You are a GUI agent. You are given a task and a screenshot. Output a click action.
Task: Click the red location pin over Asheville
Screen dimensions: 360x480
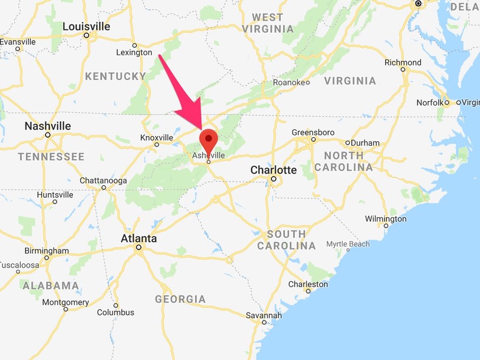pos(209,140)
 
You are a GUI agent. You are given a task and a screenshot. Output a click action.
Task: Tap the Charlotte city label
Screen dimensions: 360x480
pos(273,170)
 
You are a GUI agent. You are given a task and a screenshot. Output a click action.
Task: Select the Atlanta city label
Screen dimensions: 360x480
pos(139,239)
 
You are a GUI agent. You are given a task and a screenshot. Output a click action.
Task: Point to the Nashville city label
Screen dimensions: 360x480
pos(47,126)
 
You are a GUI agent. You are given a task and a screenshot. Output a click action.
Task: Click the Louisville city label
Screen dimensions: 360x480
pos(86,27)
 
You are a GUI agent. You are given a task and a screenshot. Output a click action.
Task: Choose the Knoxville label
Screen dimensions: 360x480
pos(157,137)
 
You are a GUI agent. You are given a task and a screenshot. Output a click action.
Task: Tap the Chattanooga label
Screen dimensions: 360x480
pos(103,180)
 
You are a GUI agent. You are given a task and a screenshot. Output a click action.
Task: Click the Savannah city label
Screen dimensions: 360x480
pos(264,315)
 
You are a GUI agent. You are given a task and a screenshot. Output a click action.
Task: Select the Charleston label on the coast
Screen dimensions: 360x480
pos(308,284)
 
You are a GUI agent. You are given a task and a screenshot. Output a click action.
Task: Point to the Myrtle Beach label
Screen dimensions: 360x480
pos(348,243)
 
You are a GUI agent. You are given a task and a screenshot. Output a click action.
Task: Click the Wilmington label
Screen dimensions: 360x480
pos(385,219)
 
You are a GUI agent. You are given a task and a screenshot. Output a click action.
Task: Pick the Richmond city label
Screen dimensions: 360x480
pos(403,62)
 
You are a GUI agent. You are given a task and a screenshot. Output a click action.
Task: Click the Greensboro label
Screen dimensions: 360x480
pos(313,132)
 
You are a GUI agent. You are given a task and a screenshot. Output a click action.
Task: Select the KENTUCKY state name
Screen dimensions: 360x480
pos(115,76)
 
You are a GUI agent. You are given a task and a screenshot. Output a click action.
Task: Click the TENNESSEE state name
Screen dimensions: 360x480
pos(51,157)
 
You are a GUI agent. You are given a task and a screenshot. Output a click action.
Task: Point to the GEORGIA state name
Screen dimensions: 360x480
pos(180,299)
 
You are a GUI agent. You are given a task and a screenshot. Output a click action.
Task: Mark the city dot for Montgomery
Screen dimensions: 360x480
pos(66,309)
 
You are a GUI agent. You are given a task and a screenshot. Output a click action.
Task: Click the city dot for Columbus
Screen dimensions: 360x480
pos(115,305)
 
